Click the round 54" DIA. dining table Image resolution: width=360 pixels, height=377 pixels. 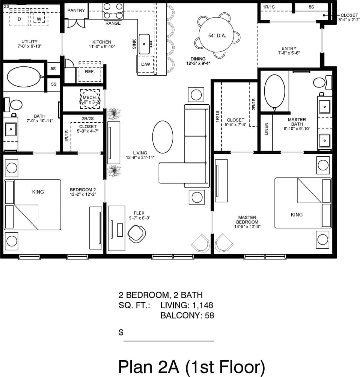click(217, 36)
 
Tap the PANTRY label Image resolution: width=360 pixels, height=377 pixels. click(76, 11)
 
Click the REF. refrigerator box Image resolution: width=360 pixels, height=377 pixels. click(89, 72)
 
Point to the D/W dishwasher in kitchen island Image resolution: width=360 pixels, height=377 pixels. click(146, 65)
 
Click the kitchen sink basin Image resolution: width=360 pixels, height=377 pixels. click(145, 44)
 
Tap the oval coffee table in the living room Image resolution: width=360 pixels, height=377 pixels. click(163, 137)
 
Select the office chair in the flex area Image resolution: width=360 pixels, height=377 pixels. click(137, 233)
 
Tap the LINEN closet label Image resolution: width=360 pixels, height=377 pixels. click(266, 129)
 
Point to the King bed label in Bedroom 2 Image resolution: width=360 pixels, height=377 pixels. click(38, 192)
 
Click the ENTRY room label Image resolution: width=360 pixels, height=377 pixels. click(289, 48)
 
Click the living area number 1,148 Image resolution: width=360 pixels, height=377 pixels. click(202, 305)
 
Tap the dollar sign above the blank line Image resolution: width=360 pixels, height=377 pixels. click(121, 332)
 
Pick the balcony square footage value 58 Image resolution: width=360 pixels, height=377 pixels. click(209, 315)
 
